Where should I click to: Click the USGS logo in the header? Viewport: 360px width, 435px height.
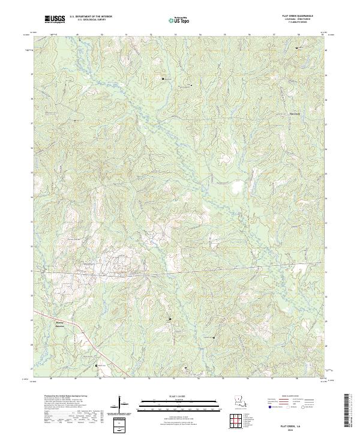[x=55, y=20]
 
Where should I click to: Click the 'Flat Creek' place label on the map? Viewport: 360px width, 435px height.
[x=295, y=113]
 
